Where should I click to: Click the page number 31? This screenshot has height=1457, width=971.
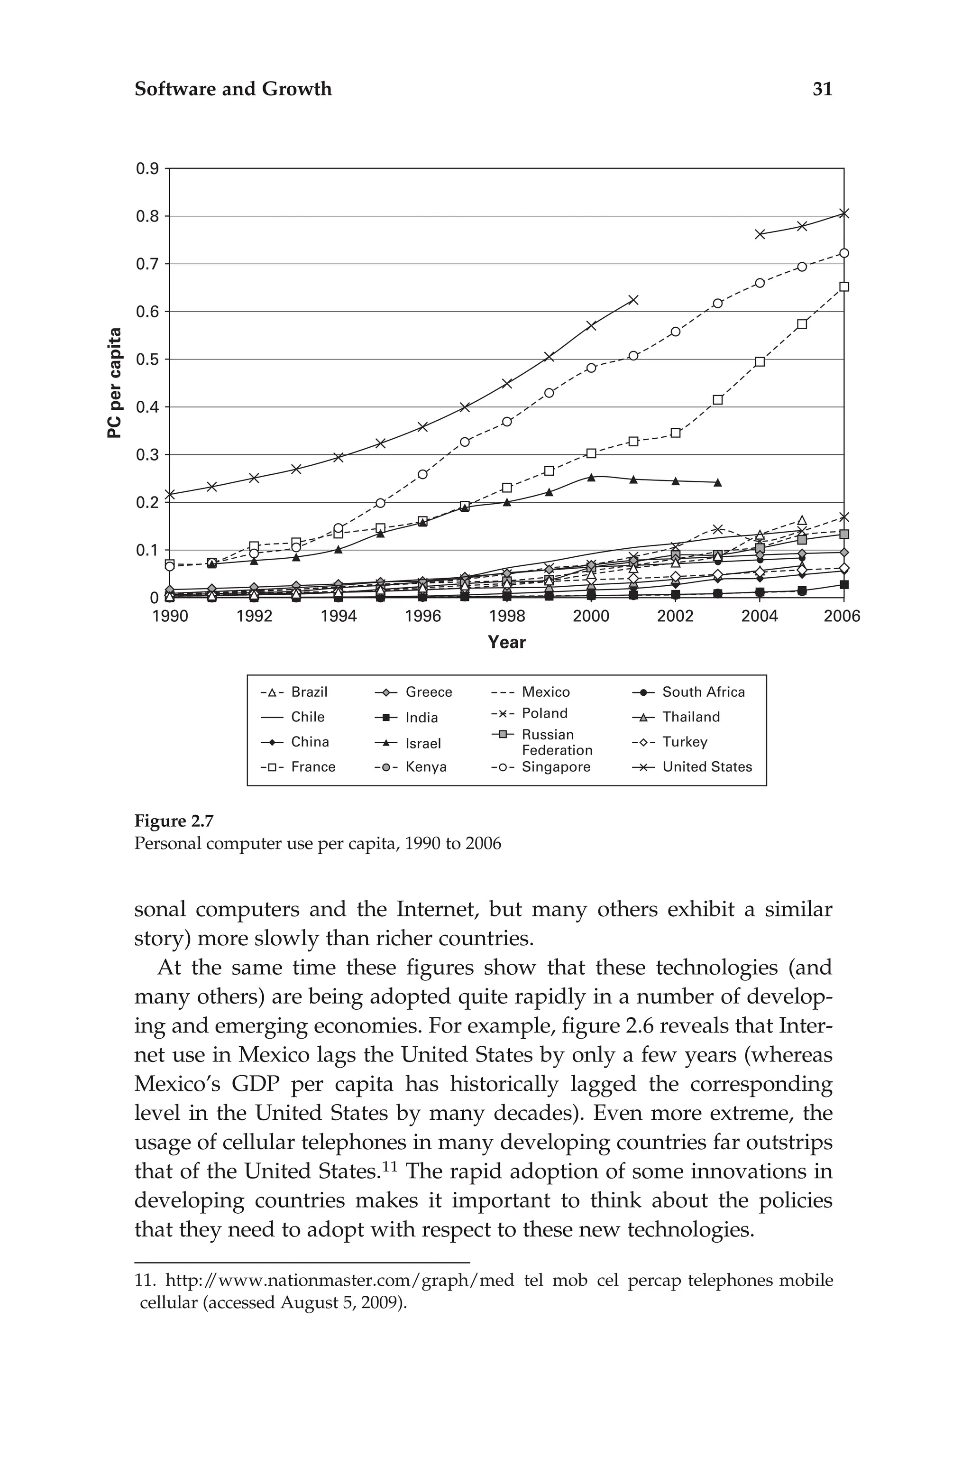point(822,89)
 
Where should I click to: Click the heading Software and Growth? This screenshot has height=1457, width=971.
point(233,89)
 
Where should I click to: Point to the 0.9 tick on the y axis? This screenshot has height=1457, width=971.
point(147,169)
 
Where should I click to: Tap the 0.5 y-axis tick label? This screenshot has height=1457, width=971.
point(147,360)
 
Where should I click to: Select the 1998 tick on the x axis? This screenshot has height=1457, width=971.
point(506,617)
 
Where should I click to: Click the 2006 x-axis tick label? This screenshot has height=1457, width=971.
point(842,617)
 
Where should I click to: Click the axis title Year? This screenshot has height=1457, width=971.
point(506,642)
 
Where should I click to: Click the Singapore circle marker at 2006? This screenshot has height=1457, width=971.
point(843,253)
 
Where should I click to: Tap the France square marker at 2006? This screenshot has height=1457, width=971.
point(843,287)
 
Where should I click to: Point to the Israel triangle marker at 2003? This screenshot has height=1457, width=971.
point(717,482)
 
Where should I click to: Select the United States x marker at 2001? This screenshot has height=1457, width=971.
point(633,300)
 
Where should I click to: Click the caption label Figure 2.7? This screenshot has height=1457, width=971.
point(174,821)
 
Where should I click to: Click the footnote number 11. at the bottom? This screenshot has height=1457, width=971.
point(146,1281)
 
